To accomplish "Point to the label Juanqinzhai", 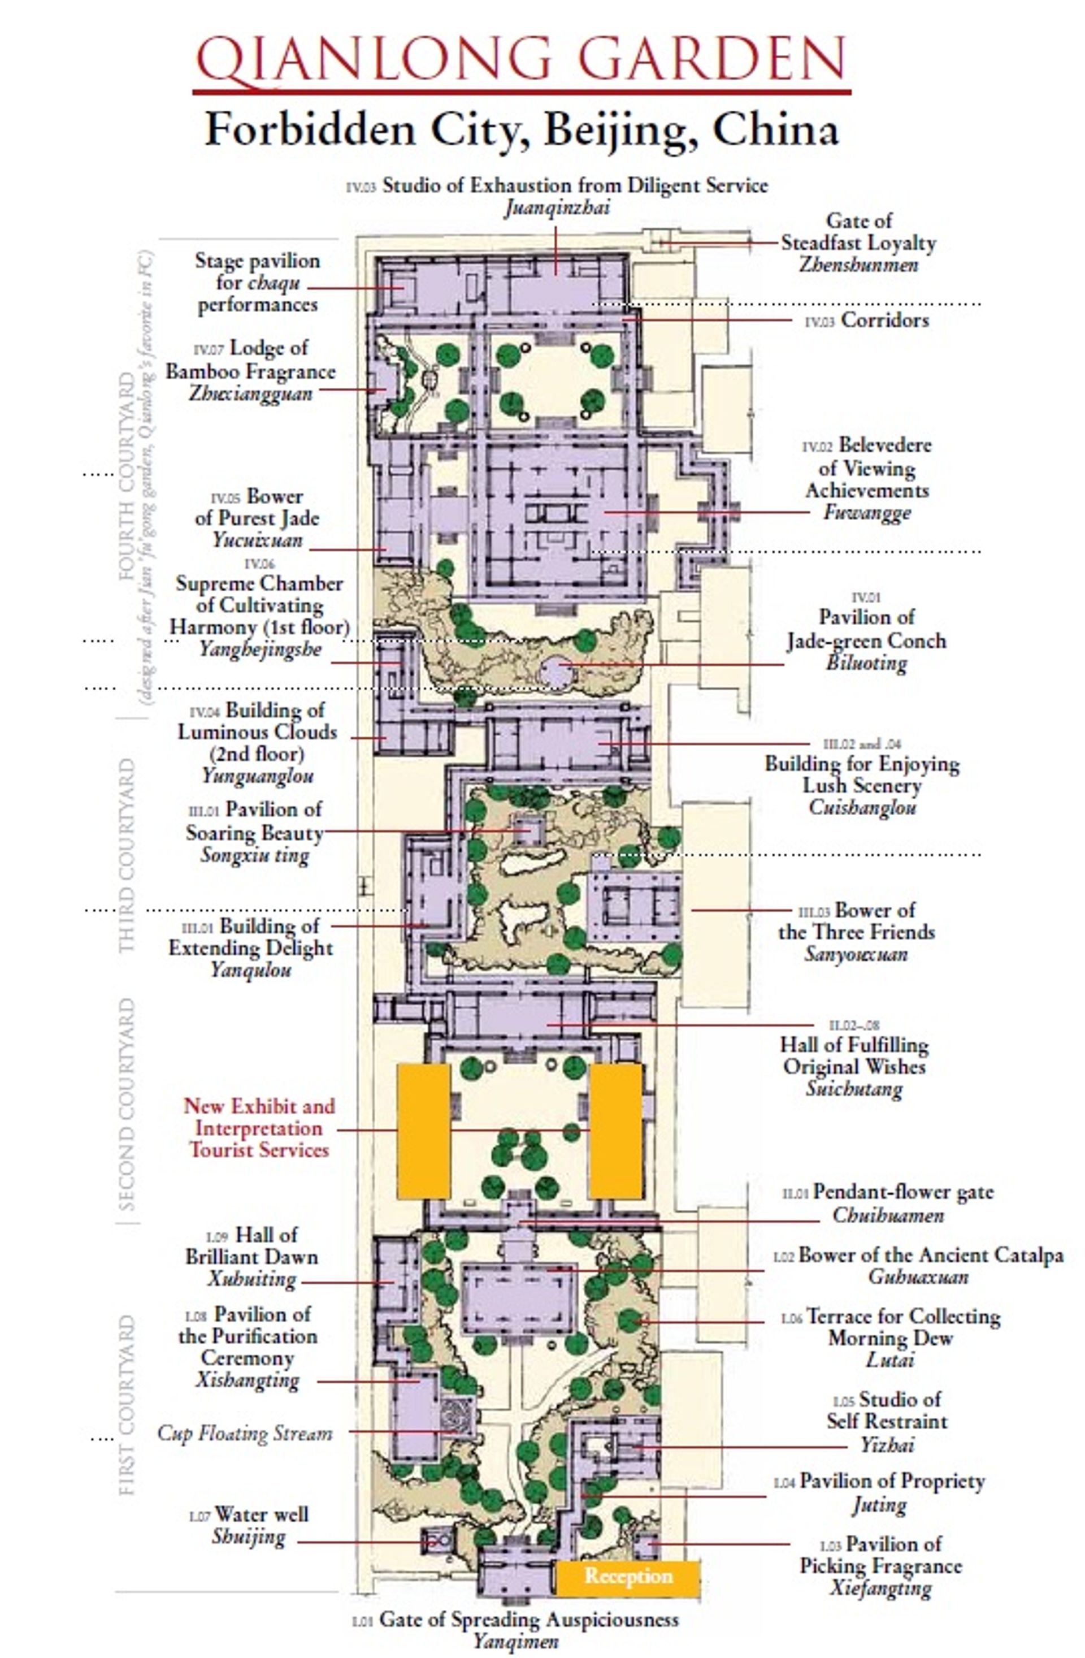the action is tap(557, 207).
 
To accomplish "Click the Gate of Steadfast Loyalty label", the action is tap(858, 243).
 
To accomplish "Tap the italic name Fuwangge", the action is tap(866, 513).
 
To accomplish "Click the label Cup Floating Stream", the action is tap(245, 1433).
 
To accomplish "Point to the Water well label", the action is tap(261, 1514).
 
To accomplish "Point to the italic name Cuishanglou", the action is tap(862, 807).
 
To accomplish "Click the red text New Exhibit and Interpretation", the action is tap(259, 1116).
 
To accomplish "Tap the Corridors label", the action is tap(884, 321).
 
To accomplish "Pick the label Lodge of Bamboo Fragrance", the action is tap(251, 360).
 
